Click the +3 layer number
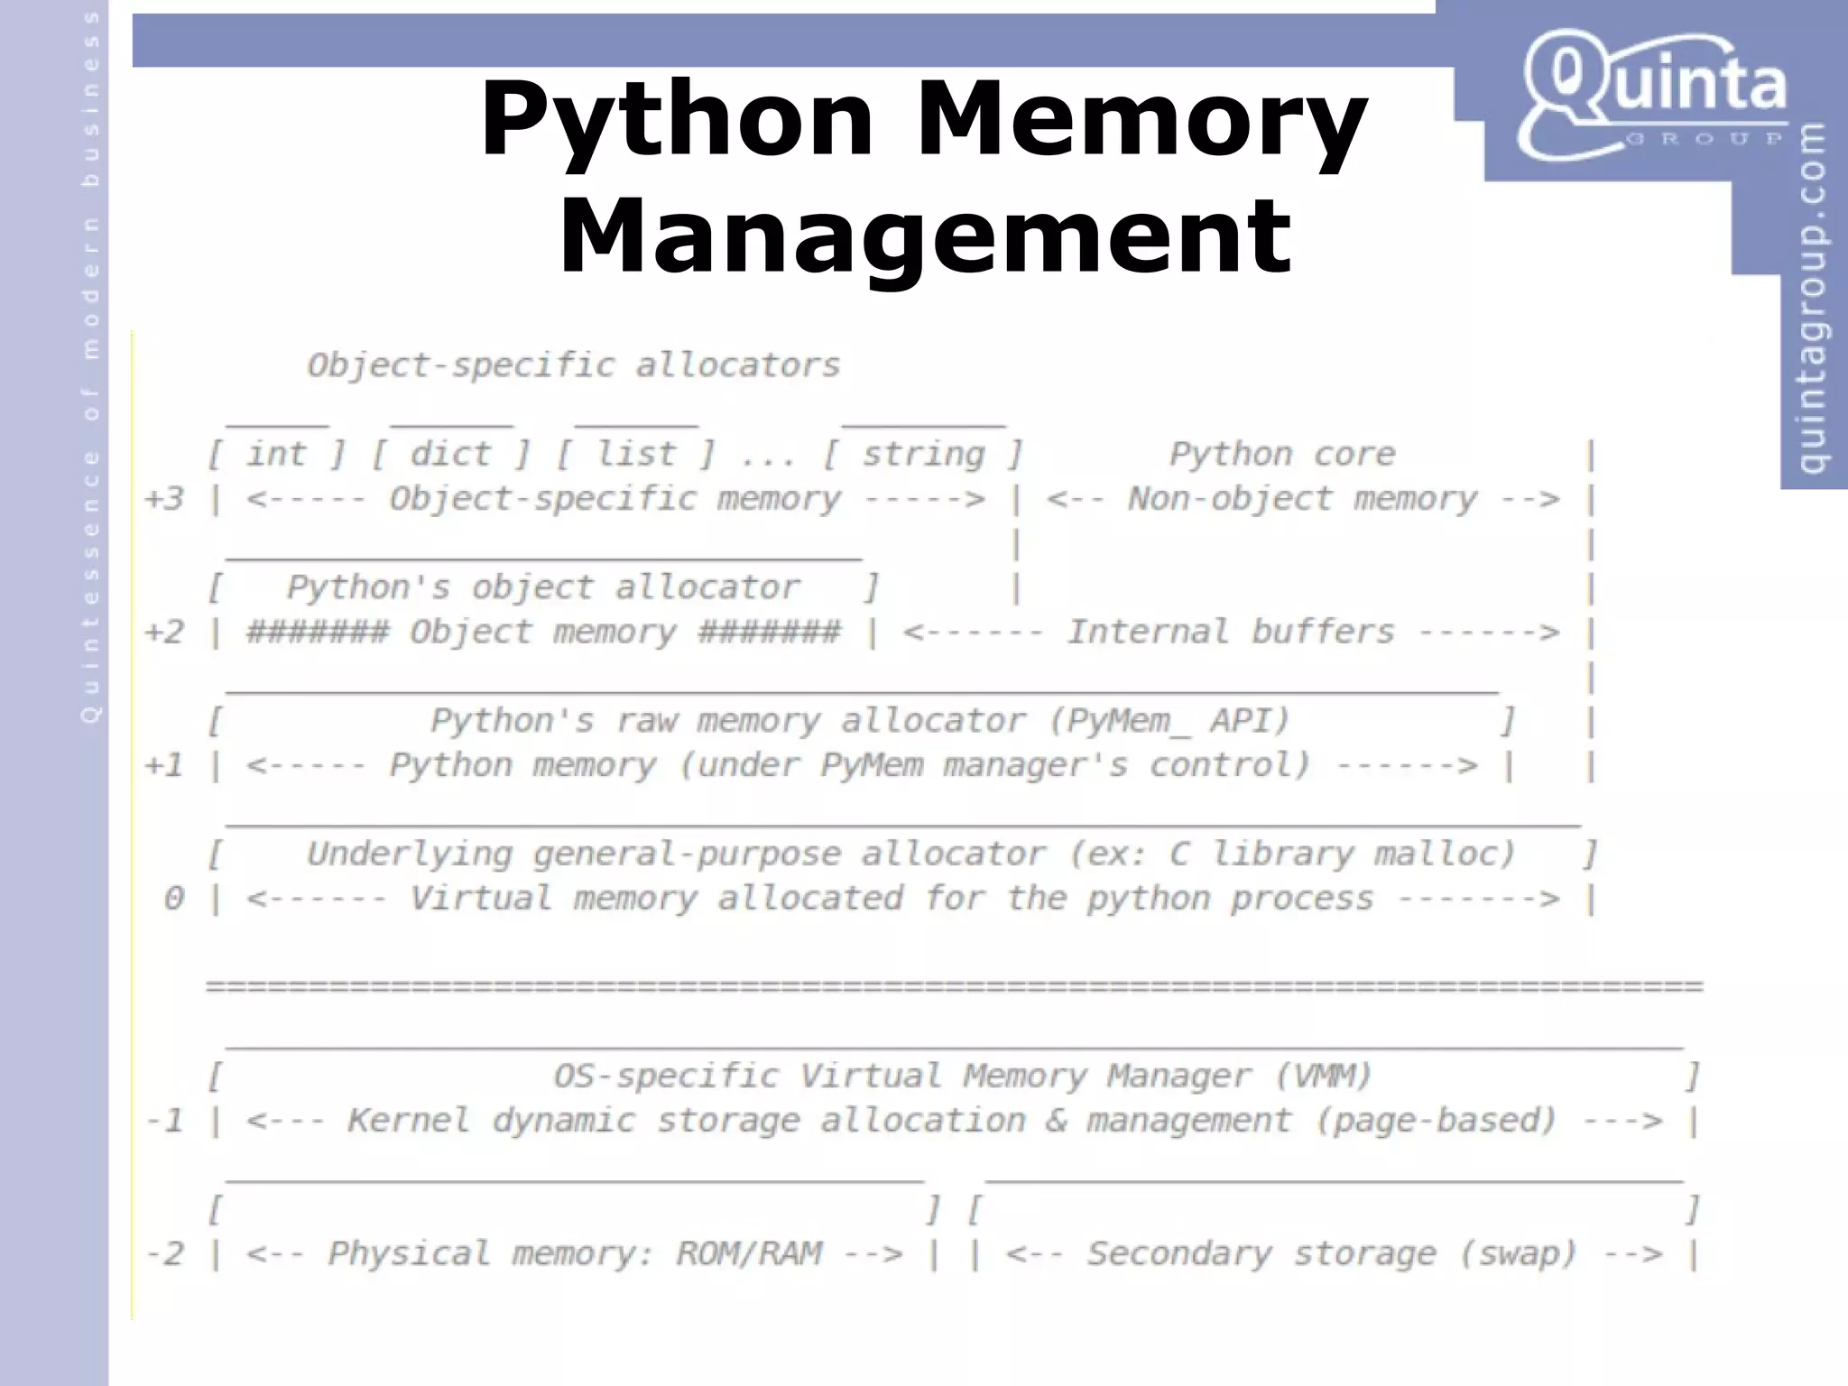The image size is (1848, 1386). coord(165,499)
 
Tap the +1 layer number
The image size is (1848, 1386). coord(165,766)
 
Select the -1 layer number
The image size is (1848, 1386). coord(165,1122)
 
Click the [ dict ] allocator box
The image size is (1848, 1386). coord(451,454)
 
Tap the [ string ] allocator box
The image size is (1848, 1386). coord(923,454)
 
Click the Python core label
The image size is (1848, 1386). coord(1282,454)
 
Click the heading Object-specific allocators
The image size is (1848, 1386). coord(574,365)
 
